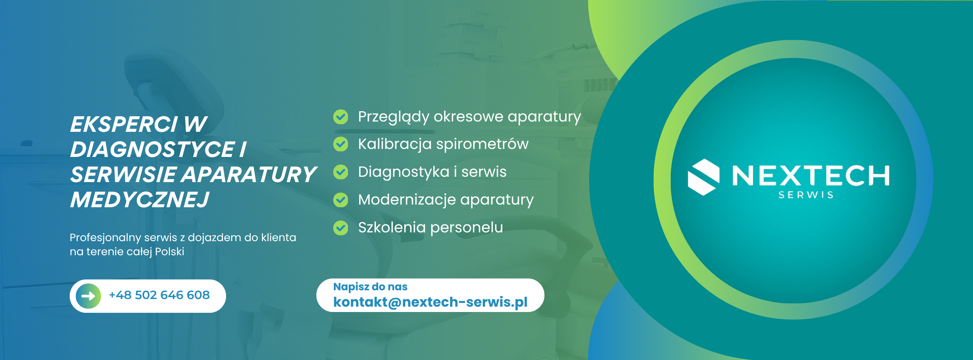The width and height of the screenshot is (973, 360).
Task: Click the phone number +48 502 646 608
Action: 159,295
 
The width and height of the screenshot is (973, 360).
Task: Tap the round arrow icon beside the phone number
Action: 88,296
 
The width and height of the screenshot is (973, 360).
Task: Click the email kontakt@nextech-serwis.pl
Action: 430,302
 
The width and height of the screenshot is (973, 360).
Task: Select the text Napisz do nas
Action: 370,286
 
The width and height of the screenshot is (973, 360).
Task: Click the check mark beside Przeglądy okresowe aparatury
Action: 341,117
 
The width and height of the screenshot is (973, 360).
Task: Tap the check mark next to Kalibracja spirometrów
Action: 341,144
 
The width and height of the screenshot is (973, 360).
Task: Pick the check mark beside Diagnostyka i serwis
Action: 341,172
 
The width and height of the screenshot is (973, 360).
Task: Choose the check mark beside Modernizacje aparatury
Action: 341,200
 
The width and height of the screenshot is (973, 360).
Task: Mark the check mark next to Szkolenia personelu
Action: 341,228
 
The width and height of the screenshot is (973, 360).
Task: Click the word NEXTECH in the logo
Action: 811,176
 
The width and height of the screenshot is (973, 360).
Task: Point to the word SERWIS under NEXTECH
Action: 806,195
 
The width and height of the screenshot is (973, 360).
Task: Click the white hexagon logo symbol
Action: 704,177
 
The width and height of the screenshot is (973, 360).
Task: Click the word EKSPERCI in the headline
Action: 124,125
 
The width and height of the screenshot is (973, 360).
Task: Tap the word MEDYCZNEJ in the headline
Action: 139,200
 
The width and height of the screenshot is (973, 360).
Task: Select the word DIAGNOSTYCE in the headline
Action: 152,149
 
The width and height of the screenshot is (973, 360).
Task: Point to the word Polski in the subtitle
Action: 170,252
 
